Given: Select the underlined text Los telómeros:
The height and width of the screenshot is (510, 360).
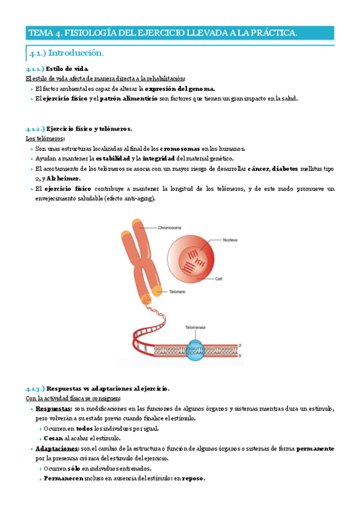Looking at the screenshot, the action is pos(42,138).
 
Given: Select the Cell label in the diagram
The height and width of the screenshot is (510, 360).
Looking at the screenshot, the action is pos(219,279).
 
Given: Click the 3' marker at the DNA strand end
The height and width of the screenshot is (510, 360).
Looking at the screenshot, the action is pos(240,345).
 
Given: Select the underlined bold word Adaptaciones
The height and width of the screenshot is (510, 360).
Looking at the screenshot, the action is pos(56,449).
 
